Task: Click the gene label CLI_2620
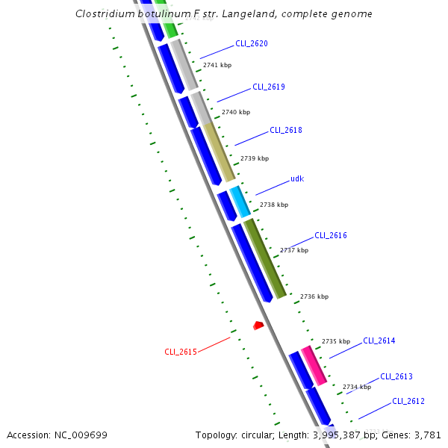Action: [x=251, y=43]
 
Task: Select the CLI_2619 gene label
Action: [x=268, y=87]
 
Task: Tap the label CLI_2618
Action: [x=285, y=130]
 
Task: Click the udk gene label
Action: [x=297, y=179]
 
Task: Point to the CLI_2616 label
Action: [x=330, y=235]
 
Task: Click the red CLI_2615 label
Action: [x=181, y=352]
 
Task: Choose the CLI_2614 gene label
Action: [x=379, y=340]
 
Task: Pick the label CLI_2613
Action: [x=396, y=376]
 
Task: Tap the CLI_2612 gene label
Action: [x=408, y=401]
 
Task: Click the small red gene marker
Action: [x=258, y=326]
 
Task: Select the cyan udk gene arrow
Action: [x=240, y=202]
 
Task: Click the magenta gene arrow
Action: [x=314, y=365]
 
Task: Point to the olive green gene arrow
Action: [x=266, y=258]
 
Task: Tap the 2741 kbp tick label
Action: [x=217, y=65]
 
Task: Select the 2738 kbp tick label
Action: [x=274, y=204]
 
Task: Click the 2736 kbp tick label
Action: [x=314, y=296]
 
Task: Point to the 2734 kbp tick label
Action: [x=357, y=387]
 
